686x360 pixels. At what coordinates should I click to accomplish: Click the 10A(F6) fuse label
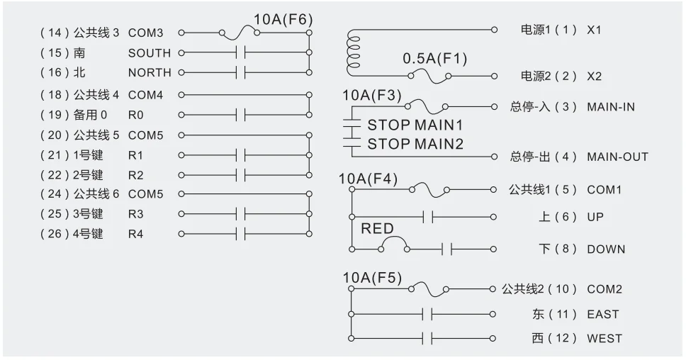283,19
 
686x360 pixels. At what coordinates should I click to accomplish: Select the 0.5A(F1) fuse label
435,59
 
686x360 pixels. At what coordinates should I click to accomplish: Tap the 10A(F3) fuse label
371,95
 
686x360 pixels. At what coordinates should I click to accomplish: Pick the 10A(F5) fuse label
372,278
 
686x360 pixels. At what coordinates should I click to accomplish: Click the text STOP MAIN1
415,125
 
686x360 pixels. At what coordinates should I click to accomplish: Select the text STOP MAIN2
415,144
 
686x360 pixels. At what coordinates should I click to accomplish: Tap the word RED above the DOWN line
377,229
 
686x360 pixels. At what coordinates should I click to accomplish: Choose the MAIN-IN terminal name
610,107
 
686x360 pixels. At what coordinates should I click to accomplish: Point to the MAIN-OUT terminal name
617,157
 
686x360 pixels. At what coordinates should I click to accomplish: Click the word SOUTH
149,53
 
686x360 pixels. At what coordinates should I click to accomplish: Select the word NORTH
149,72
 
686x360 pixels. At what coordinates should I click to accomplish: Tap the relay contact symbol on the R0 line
240,115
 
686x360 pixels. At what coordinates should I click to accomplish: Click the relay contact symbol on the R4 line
240,233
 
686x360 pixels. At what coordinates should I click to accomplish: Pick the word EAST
602,314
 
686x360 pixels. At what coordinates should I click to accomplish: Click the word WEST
604,338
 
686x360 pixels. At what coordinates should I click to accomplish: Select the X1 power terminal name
594,31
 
